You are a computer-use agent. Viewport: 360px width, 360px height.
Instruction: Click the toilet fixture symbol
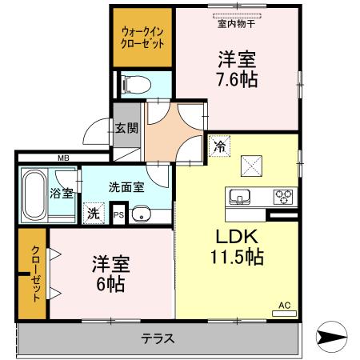point(136,85)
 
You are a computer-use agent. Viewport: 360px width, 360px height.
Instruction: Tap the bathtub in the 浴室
point(34,194)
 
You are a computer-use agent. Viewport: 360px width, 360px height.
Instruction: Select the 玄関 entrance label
point(126,128)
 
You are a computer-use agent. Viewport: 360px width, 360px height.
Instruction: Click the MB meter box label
point(63,158)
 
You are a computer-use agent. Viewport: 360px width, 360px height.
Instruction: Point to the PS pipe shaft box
point(118,214)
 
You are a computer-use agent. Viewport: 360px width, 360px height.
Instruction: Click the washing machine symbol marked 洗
point(94,214)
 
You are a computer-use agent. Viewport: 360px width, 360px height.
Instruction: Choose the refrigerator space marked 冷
point(219,146)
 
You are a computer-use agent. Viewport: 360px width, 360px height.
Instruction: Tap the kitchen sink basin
point(240,198)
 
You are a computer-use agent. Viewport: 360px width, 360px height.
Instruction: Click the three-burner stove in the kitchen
point(283,197)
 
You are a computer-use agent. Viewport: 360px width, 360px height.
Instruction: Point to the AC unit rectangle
point(284,314)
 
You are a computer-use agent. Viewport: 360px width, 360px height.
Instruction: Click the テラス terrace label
point(158,338)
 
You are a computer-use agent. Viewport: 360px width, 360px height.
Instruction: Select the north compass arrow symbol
point(331,336)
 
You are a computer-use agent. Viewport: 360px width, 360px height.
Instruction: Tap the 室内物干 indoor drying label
point(237,24)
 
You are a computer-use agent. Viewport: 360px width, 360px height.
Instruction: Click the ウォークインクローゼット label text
point(142,38)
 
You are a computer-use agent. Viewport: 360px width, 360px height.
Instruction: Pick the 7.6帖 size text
point(238,79)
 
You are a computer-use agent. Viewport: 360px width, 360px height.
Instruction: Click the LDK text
point(237,237)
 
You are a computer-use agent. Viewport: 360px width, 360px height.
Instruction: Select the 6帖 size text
point(110,284)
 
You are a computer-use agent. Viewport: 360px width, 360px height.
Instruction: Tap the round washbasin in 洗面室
point(141,214)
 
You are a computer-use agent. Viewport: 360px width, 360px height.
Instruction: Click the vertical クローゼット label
point(36,274)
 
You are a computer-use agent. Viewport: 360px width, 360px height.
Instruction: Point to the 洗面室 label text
point(126,187)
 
